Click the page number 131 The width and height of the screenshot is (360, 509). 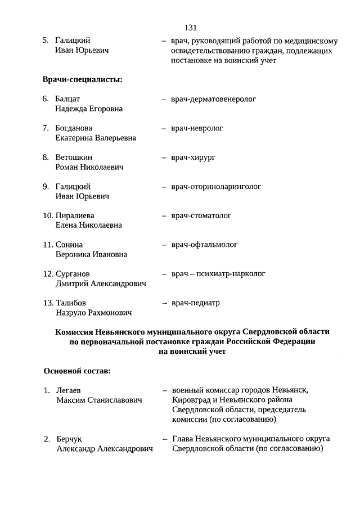pos(190,27)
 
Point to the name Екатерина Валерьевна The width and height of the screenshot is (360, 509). pos(96,138)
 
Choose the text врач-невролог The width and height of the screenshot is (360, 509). pos(197,128)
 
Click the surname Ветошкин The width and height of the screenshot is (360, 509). pos(74,157)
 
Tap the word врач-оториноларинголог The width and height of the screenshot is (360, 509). pos(216,187)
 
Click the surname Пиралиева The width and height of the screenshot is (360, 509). pos(75,215)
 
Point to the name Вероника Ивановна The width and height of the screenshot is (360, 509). pos(91,254)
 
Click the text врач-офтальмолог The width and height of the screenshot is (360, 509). pos(204,245)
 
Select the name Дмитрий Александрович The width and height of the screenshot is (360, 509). pos(101,283)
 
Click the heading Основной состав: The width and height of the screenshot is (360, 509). pos(77,371)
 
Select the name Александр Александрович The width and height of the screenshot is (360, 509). pos(105,449)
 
